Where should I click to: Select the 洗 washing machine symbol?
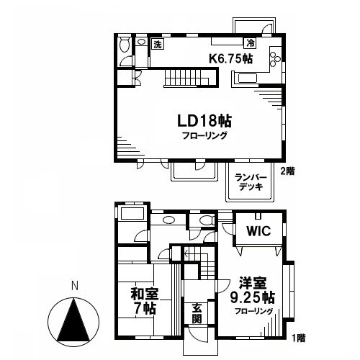click(158, 45)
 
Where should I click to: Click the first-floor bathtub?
click(132, 215)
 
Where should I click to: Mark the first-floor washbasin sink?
click(168, 221)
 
